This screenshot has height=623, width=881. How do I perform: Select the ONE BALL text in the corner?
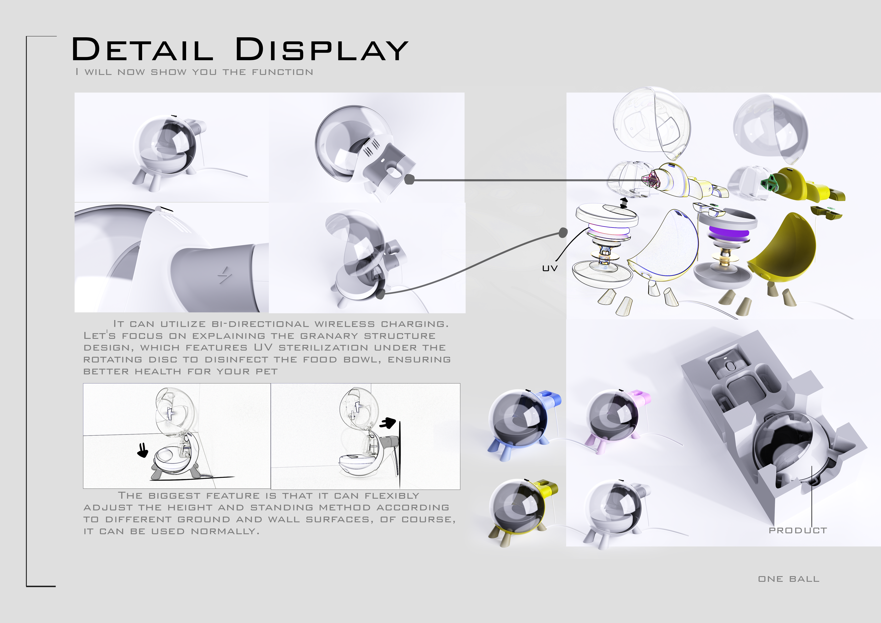point(788,579)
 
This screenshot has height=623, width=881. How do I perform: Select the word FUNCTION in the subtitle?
point(282,72)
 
